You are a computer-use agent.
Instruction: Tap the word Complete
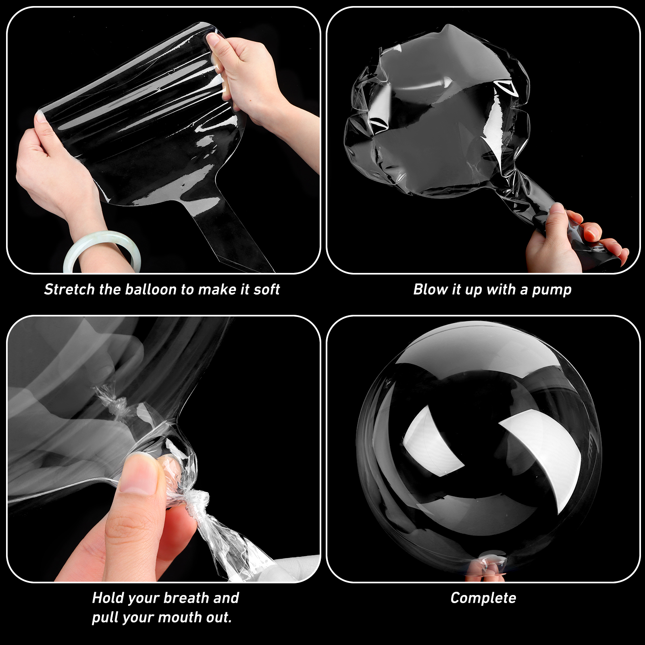coord(483,598)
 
